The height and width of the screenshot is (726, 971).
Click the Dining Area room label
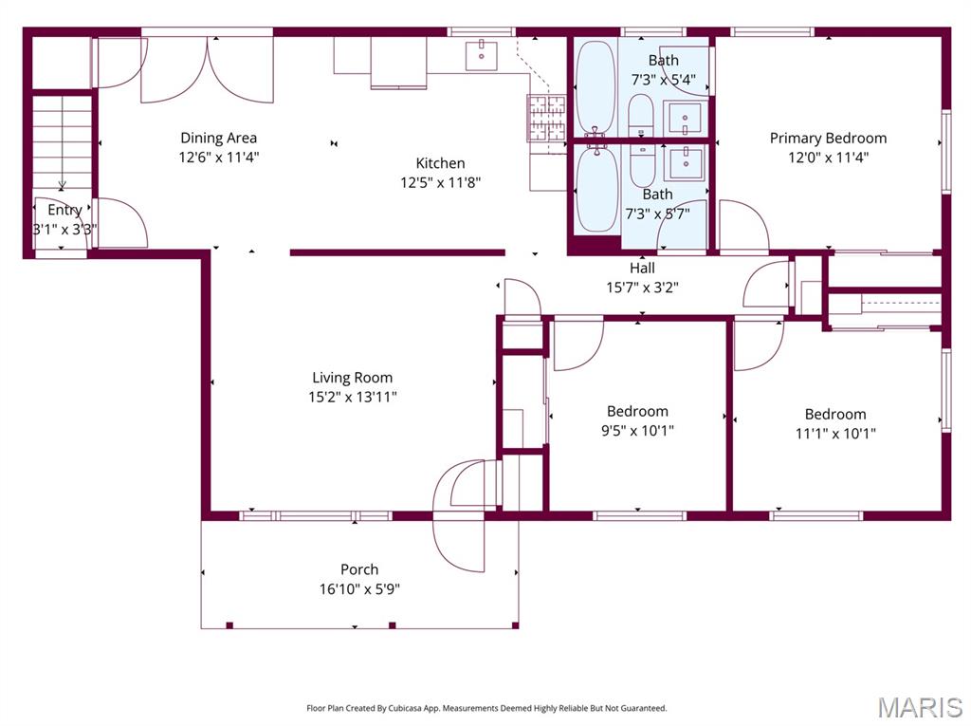pos(218,138)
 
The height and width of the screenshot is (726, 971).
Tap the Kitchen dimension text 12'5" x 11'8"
pos(440,182)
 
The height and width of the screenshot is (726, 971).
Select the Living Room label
pos(352,378)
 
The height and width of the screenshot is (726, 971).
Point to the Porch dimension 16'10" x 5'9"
pos(359,589)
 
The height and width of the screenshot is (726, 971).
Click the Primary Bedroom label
pos(828,138)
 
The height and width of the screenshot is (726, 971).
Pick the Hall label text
pos(642,268)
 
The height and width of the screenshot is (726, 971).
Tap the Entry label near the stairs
pos(64,210)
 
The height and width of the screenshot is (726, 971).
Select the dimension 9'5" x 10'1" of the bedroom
pos(637,430)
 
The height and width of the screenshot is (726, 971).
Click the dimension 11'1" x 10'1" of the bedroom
pos(834,434)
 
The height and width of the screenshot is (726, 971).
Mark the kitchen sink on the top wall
pos(482,53)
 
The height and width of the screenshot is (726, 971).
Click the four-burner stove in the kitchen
pos(546,118)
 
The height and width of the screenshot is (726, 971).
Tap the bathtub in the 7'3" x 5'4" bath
pos(595,87)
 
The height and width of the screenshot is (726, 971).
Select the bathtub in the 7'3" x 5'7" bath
pos(596,187)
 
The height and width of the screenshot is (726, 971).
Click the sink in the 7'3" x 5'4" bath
pos(684,117)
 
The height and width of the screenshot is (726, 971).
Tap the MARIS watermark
pos(919,707)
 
